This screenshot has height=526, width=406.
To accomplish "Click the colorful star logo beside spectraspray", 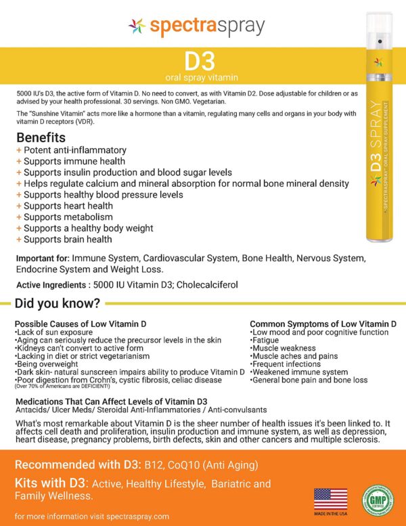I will coord(137,26).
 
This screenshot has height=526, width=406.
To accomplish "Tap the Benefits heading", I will coord(41,137).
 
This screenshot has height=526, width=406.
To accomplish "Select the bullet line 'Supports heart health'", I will coord(68,206).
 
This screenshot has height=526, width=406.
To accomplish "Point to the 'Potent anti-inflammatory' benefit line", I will coord(74,150).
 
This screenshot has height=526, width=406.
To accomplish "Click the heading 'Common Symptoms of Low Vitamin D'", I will coord(323,324).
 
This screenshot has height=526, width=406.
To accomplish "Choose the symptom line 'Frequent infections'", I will coord(284,364).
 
